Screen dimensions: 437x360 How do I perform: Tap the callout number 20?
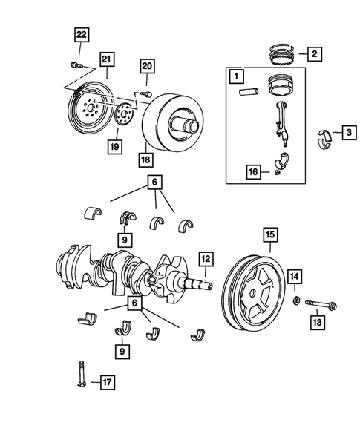click(x=147, y=67)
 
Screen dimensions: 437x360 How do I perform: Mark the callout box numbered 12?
click(x=205, y=260)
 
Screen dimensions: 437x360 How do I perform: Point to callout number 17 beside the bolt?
click(x=106, y=383)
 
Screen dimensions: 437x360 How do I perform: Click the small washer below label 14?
click(x=295, y=300)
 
